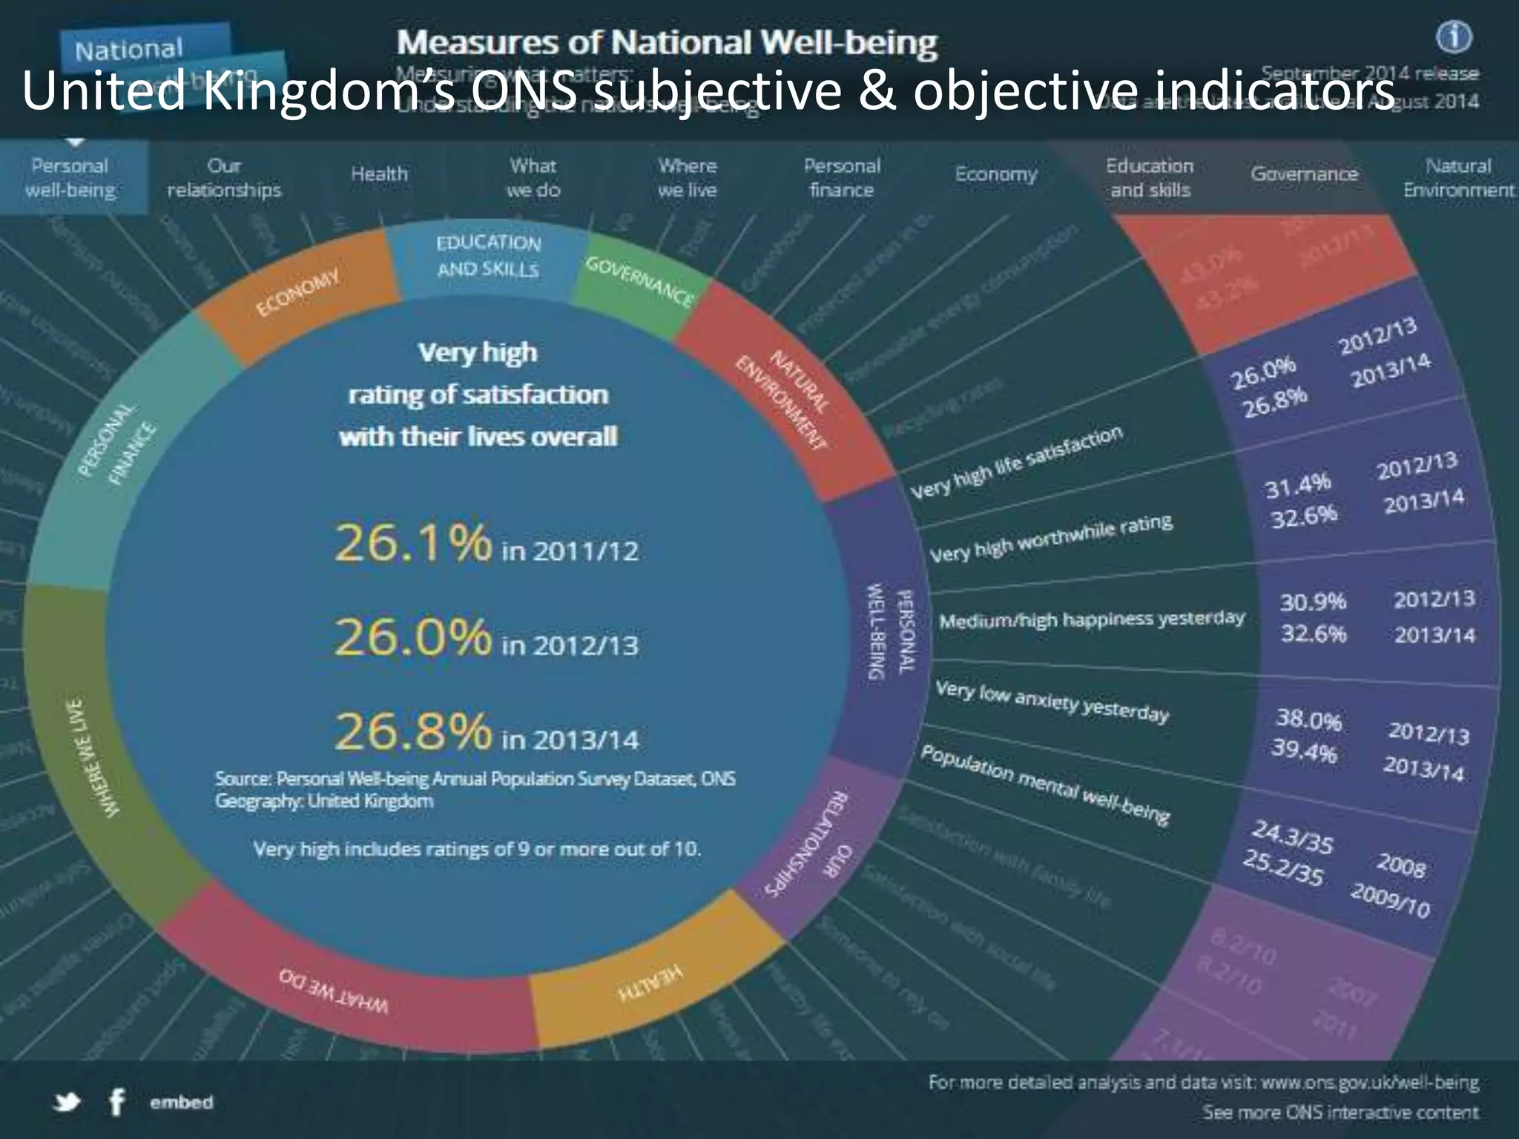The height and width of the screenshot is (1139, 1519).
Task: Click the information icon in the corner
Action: [1454, 37]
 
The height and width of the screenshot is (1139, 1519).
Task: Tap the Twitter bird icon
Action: [67, 1103]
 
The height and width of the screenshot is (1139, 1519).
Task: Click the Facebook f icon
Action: [116, 1103]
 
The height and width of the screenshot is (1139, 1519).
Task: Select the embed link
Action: [181, 1103]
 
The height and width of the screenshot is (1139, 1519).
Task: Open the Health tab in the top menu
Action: [379, 174]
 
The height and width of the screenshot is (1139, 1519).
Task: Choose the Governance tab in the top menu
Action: [1303, 174]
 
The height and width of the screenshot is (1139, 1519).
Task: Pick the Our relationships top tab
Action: [224, 178]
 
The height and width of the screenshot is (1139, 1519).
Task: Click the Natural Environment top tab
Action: [1457, 178]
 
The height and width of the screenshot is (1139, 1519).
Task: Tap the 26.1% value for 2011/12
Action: [412, 543]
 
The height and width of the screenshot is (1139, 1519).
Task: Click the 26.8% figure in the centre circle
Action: [412, 731]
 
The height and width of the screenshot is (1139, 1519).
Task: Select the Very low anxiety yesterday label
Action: [1051, 701]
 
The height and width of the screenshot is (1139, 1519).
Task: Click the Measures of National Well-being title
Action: [667, 43]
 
